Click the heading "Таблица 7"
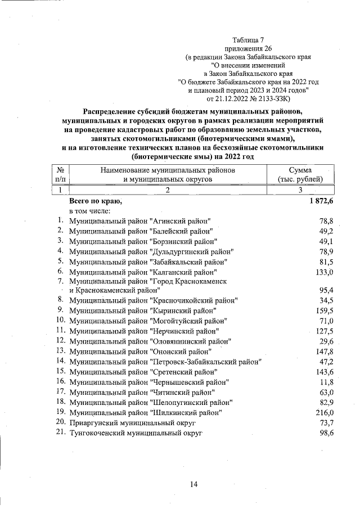pos(248,40)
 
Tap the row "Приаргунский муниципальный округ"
pos(132,422)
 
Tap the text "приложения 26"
pos(248,48)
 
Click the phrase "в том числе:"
pos(93,211)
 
